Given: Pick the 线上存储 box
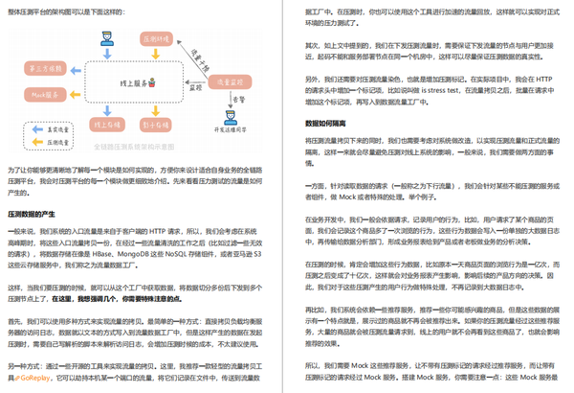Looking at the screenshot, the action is [x=103, y=124].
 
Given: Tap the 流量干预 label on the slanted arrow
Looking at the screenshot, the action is [x=201, y=53].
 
